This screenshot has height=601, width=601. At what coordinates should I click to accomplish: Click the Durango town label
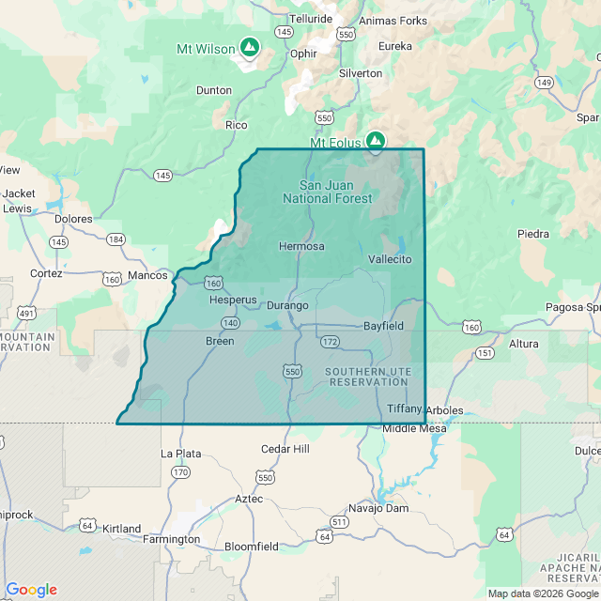(x=287, y=305)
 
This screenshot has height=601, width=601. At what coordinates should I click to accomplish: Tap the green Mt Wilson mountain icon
(x=250, y=46)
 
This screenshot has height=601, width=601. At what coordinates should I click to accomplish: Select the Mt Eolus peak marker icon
(x=376, y=141)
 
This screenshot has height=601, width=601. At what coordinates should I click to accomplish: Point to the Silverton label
(x=361, y=72)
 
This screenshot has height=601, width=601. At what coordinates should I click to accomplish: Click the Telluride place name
(x=311, y=18)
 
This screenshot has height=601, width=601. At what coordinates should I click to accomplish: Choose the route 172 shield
(x=329, y=341)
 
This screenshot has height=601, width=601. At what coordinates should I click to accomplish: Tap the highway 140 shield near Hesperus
(x=230, y=322)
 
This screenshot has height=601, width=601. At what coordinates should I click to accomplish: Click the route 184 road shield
(x=116, y=239)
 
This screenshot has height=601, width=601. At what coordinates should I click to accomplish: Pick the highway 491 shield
(x=26, y=313)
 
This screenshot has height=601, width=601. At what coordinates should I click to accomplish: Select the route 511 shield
(x=339, y=521)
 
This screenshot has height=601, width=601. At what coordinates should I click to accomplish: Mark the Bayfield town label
(x=383, y=326)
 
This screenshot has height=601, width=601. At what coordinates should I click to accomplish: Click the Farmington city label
(x=171, y=539)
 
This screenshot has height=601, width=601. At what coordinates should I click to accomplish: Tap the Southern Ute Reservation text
(x=368, y=378)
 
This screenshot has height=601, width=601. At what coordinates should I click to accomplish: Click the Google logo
(x=31, y=590)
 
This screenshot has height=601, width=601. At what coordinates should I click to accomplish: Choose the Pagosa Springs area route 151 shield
(x=485, y=352)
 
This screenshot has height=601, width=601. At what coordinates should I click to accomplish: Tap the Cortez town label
(x=45, y=273)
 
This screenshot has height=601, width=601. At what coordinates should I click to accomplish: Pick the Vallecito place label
(x=390, y=258)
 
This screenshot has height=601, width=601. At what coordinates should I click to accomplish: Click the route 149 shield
(x=544, y=83)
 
